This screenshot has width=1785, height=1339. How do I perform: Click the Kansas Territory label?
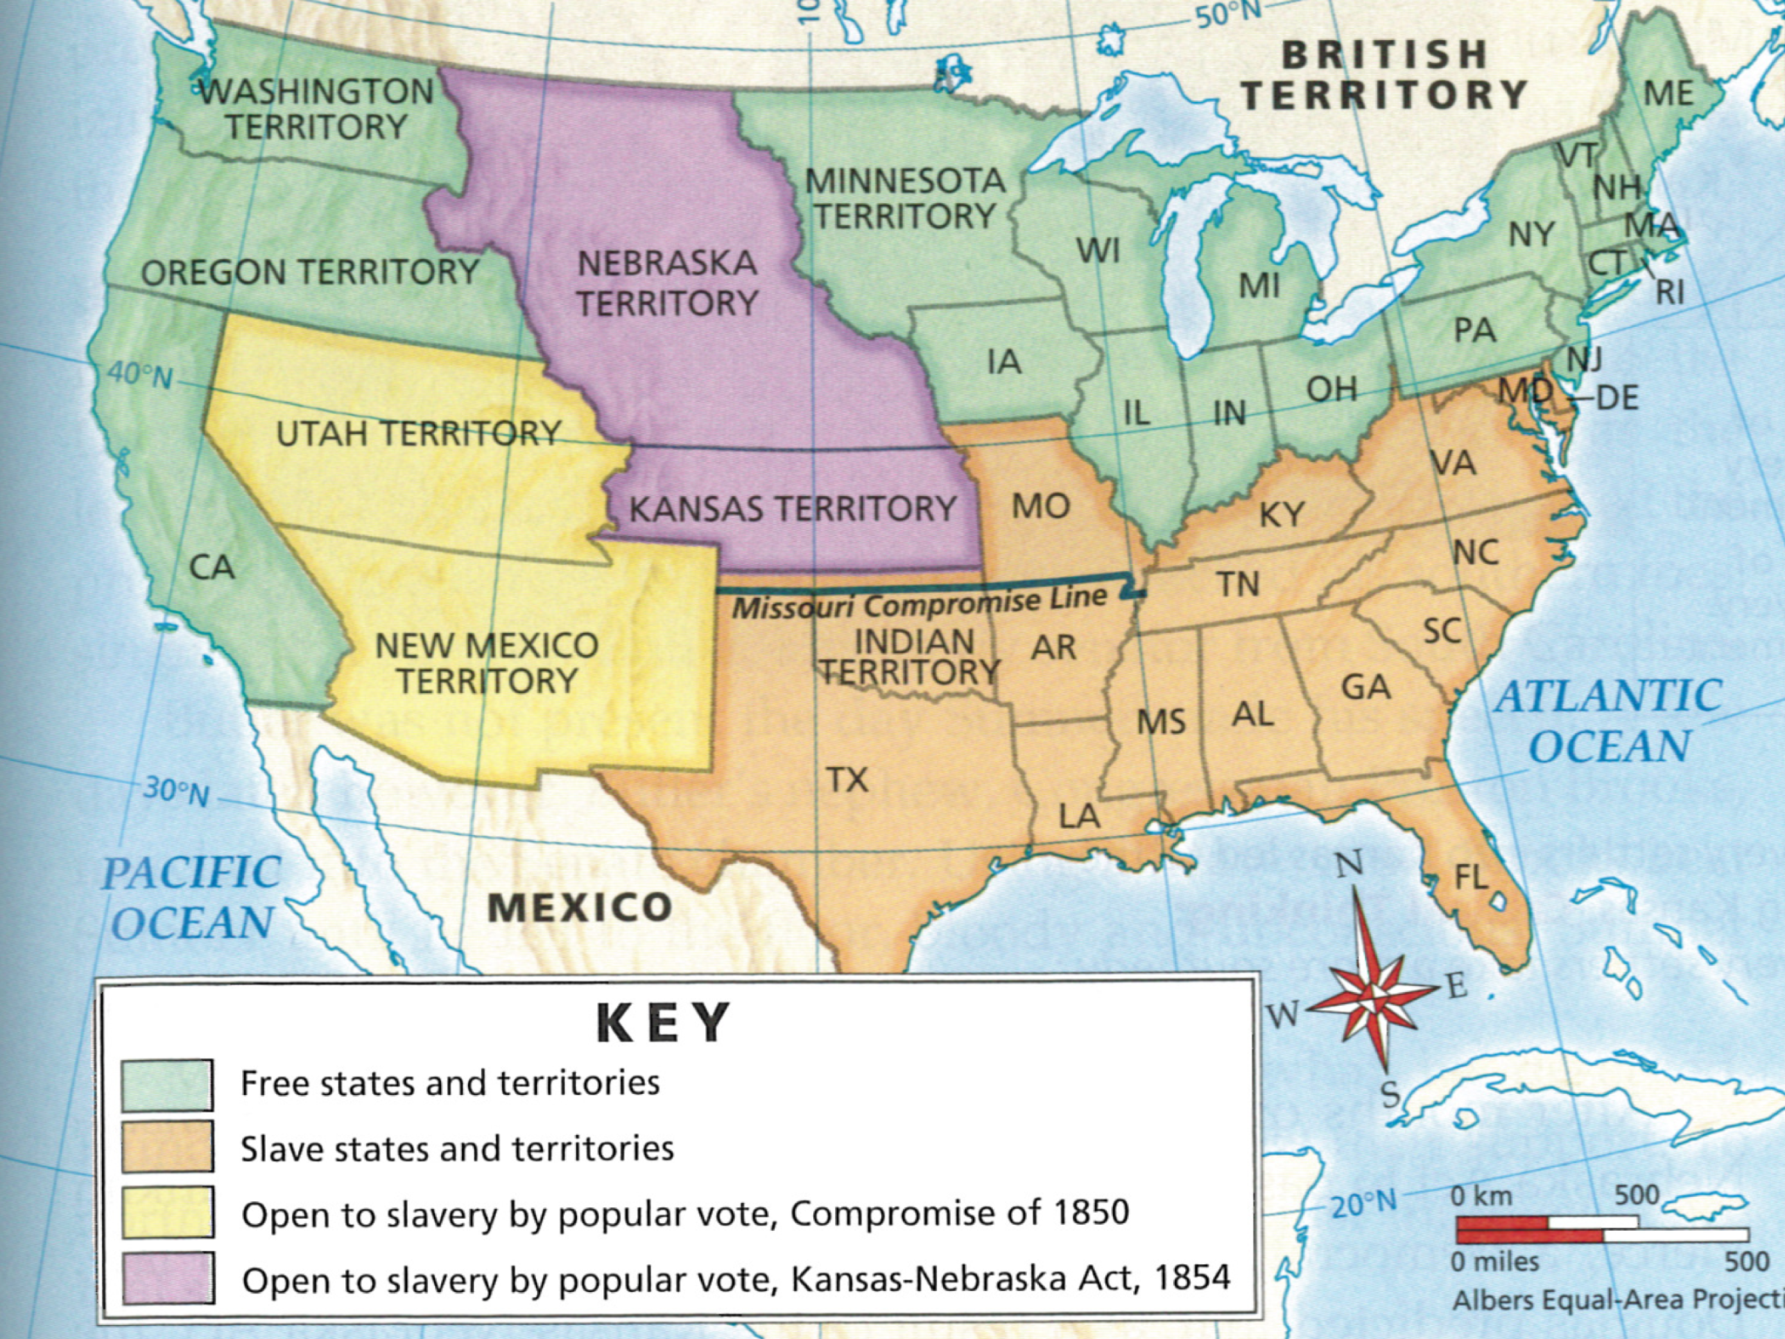point(792,508)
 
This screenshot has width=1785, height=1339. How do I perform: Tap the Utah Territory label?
point(418,433)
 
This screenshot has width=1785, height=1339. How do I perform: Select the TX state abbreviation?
point(847,779)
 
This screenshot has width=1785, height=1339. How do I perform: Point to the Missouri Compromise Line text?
point(919,602)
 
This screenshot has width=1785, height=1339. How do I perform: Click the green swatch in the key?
point(166,1084)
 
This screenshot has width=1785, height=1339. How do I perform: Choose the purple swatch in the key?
point(166,1278)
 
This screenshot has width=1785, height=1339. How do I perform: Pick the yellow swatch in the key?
point(166,1213)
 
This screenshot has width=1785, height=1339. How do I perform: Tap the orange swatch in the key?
point(166,1148)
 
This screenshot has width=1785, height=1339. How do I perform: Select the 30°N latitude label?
point(176,792)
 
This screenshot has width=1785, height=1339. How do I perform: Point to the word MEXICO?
point(580,908)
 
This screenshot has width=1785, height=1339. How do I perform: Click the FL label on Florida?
point(1471,877)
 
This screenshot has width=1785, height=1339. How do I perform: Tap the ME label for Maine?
point(1668,93)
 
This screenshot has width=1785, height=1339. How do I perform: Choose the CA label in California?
point(212,568)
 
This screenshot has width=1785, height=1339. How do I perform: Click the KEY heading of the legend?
point(662,1023)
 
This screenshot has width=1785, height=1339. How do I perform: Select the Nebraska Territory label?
point(667,283)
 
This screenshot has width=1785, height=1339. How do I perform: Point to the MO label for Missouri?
point(1040,506)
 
